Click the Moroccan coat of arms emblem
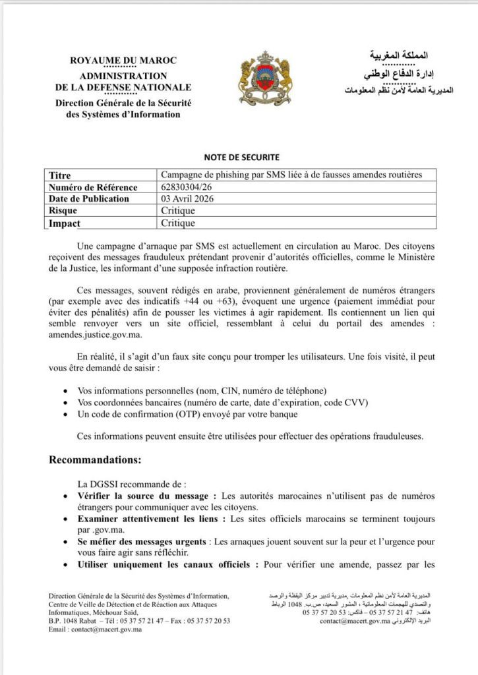264,80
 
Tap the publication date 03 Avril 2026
190,199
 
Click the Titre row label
60,175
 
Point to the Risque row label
63,211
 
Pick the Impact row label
65,223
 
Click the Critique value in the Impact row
178,223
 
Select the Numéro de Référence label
93,187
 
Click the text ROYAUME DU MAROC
123,61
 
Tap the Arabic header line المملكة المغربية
399,55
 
